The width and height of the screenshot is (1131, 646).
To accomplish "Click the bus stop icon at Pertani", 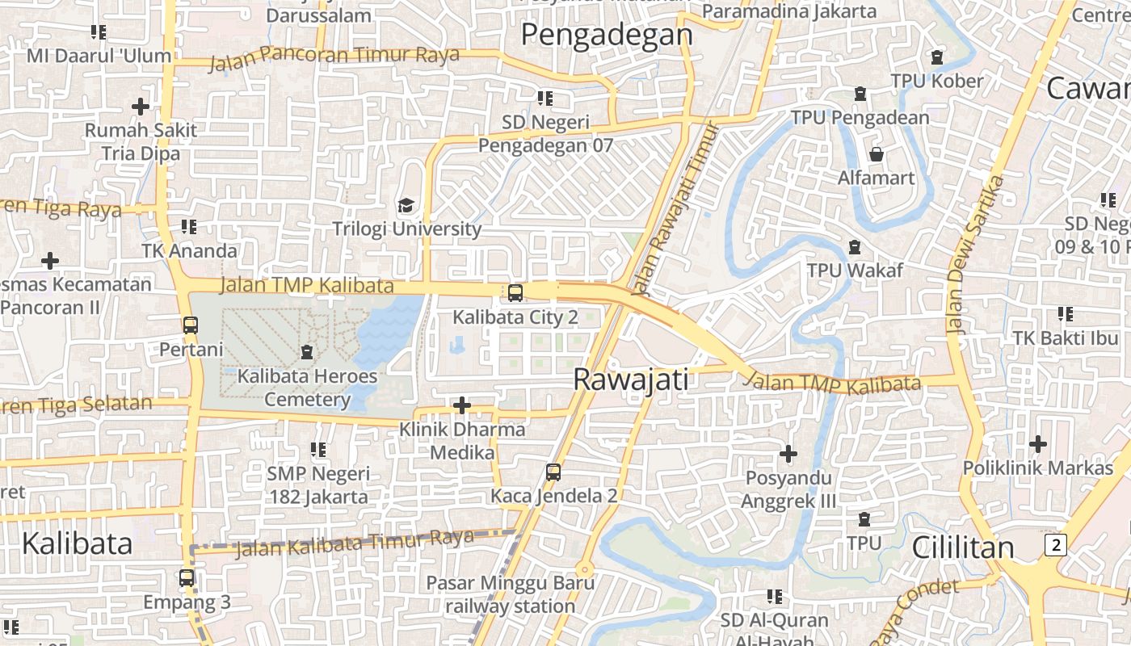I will (190, 325).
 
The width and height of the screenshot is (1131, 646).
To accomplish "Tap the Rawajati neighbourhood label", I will (630, 380).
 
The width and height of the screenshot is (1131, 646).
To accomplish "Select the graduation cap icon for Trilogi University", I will (406, 206).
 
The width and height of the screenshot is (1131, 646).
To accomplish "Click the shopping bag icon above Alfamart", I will (877, 153).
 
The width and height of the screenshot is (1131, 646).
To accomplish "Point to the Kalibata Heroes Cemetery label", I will (308, 388).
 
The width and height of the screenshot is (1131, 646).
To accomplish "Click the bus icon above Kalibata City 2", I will (515, 293).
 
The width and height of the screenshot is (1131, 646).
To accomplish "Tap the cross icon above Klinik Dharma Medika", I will (462, 405).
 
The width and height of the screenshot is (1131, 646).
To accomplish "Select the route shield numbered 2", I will (1054, 545).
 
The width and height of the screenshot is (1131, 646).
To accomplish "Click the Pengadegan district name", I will (607, 35).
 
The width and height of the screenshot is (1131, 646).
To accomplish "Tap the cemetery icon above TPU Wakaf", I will (855, 246).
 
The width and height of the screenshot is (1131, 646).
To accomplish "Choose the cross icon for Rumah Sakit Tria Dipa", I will (141, 106).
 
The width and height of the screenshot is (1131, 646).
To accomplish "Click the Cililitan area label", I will (962, 547).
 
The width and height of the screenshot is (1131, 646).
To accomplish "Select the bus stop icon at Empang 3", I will (187, 578).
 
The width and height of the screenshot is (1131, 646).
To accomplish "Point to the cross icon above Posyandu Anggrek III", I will (788, 454).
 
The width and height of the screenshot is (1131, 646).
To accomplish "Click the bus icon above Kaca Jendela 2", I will (553, 472).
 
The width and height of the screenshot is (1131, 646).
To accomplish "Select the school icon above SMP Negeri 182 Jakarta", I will (318, 450).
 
